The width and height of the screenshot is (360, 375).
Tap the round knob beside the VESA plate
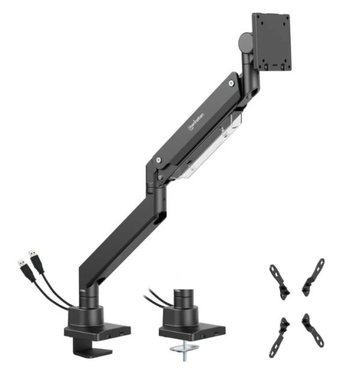tap(244, 42)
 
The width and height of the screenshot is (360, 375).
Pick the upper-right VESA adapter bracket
tap(313, 277)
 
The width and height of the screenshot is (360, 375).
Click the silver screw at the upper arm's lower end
tap(157, 161)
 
